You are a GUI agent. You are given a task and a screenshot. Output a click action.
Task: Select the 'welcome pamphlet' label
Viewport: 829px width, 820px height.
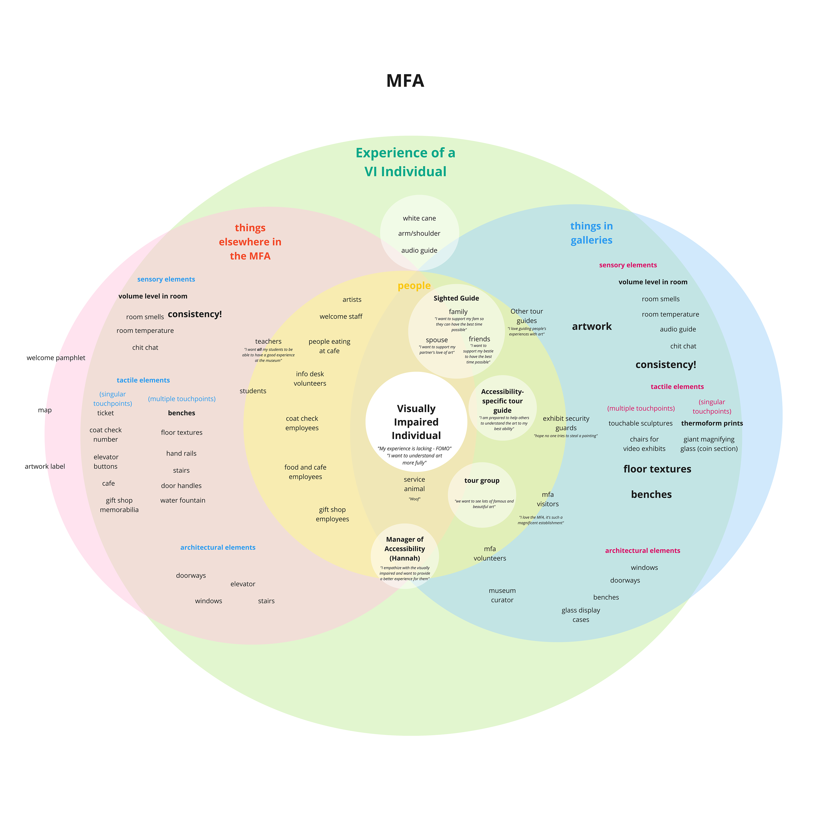click(x=56, y=358)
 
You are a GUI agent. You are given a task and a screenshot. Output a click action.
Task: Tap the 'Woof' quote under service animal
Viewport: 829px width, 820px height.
click(x=414, y=499)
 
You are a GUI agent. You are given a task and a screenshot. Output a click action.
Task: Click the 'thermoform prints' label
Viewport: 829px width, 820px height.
click(x=712, y=423)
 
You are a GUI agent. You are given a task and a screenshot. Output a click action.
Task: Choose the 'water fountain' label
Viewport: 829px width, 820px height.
click(x=183, y=500)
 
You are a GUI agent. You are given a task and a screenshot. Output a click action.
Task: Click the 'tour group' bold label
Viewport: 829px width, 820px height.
click(x=481, y=480)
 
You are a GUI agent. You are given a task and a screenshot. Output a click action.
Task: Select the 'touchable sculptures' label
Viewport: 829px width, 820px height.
click(x=640, y=423)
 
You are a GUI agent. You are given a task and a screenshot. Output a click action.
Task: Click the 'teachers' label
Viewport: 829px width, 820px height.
click(x=268, y=341)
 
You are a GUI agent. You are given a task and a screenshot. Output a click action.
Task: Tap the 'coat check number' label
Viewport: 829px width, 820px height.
click(x=106, y=434)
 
